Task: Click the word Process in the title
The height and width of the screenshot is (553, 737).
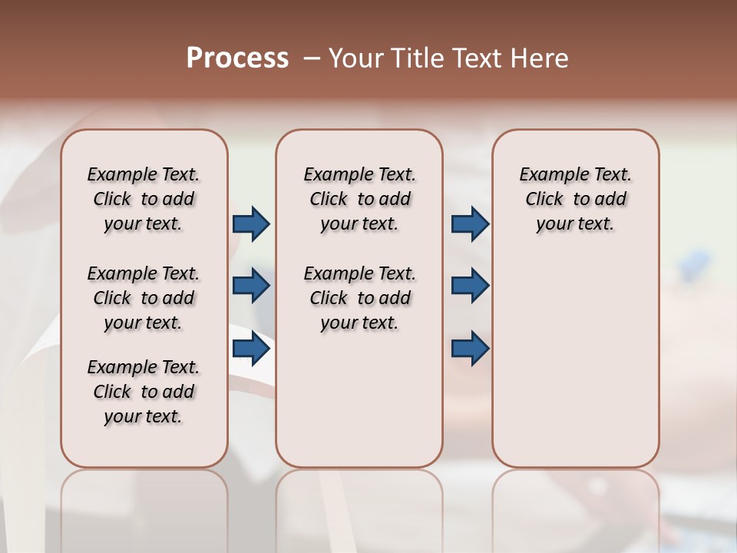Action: tap(237, 58)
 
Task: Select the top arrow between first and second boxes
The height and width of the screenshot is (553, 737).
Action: tap(251, 224)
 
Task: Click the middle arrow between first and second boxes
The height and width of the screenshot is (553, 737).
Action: tap(251, 286)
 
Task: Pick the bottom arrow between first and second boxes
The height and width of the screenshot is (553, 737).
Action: tap(251, 349)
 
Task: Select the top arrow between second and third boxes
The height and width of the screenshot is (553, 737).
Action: tap(470, 224)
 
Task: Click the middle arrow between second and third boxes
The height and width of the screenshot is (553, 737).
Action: tap(470, 286)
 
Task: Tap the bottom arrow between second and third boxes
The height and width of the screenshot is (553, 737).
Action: tap(470, 349)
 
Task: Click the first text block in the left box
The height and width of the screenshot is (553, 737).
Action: tap(144, 199)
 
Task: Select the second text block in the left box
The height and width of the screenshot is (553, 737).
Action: tap(144, 298)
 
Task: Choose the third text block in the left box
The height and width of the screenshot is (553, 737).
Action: tap(144, 392)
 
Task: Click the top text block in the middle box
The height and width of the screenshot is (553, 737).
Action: tap(359, 199)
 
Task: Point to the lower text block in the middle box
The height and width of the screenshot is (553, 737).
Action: tap(359, 298)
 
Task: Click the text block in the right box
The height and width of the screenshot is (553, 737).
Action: tap(576, 199)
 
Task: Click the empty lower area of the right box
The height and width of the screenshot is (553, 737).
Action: tap(576, 369)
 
